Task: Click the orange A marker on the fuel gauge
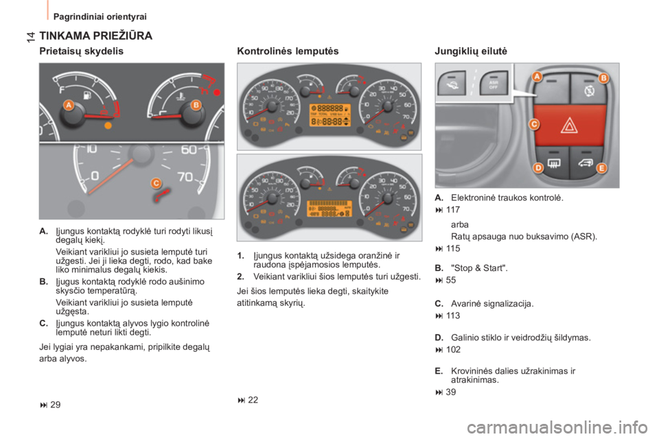pos(69,105)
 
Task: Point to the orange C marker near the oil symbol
pos(157,182)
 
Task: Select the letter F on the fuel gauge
pos(62,88)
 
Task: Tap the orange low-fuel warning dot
pos(106,127)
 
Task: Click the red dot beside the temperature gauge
pos(217,91)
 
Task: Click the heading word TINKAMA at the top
pos(65,34)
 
